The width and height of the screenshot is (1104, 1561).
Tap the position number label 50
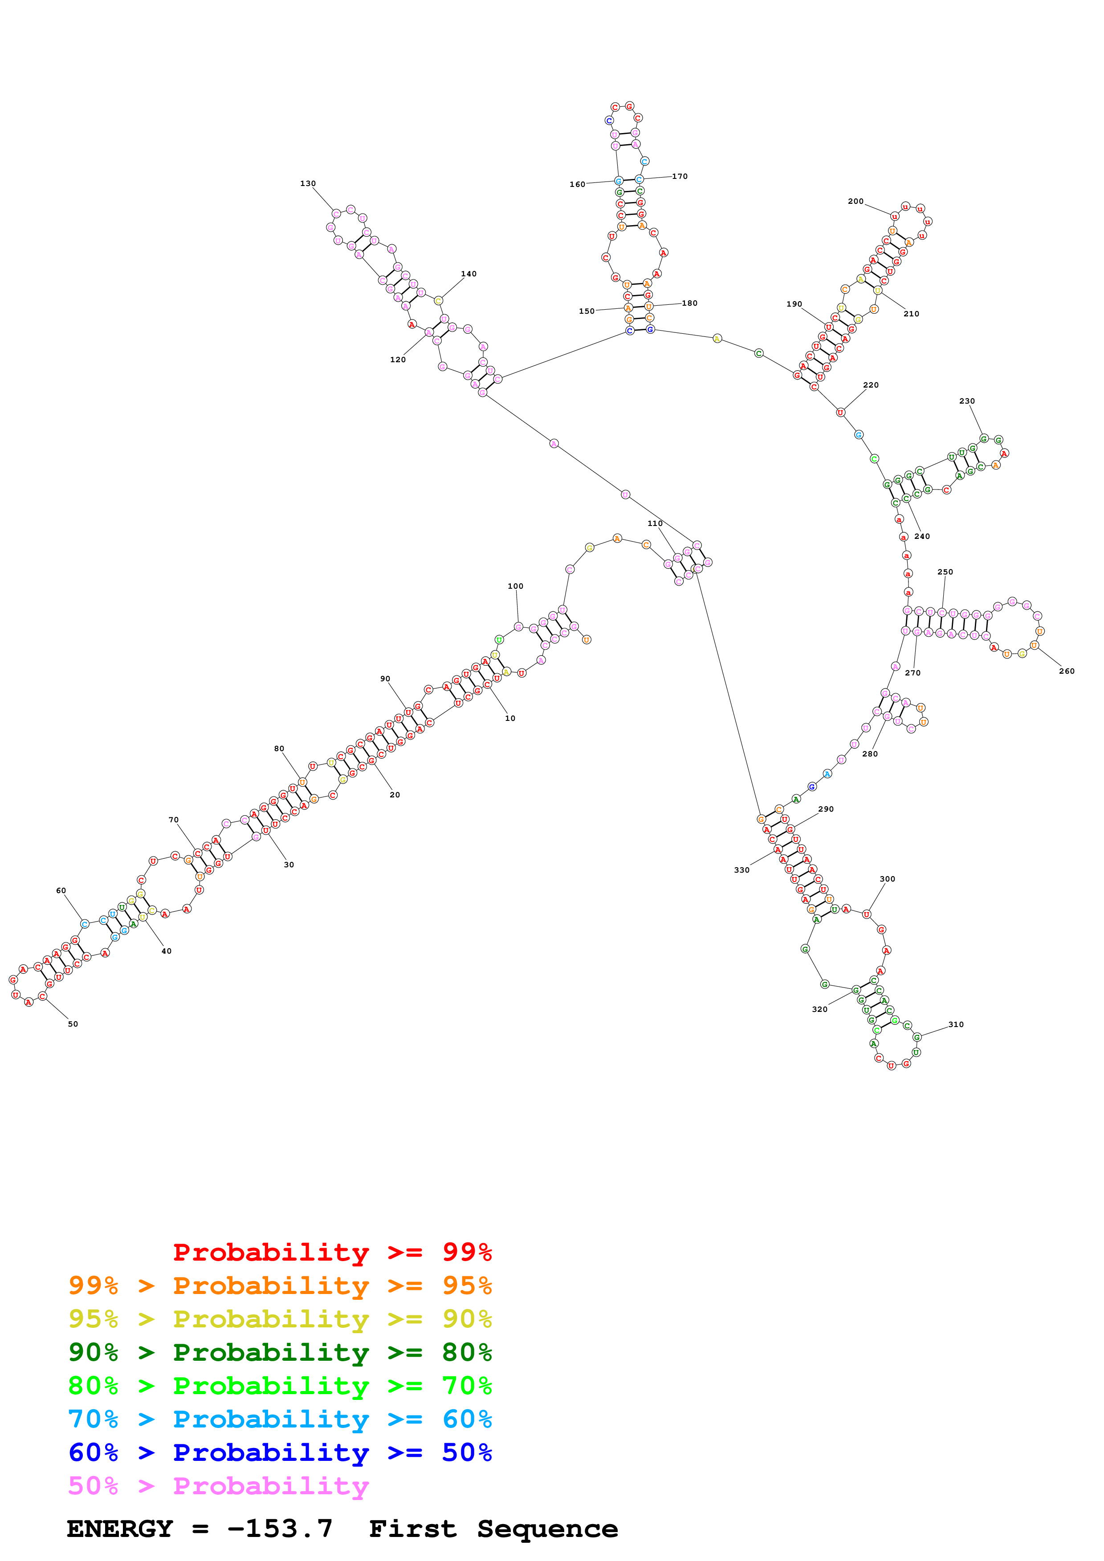(73, 1024)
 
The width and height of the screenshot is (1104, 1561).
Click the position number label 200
(855, 201)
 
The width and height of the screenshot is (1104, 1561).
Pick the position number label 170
(680, 176)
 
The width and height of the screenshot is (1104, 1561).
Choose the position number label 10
(510, 718)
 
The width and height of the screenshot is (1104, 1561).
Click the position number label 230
(966, 401)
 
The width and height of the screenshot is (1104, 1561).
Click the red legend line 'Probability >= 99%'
(332, 1252)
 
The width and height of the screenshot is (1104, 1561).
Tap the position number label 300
(887, 879)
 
